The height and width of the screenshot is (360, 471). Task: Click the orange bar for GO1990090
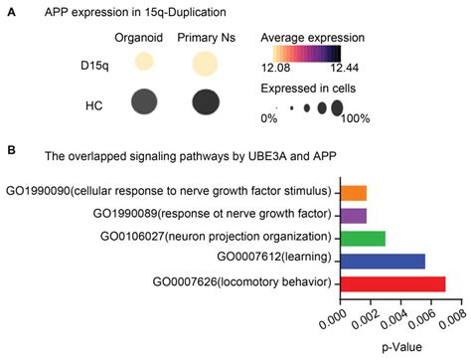[x=353, y=193]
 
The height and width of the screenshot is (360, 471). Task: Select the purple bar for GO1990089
[x=353, y=215]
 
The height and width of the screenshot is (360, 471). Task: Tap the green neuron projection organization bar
[x=362, y=238]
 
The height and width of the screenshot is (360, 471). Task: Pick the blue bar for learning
[x=382, y=261]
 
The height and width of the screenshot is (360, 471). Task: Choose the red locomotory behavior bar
[x=392, y=283]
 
